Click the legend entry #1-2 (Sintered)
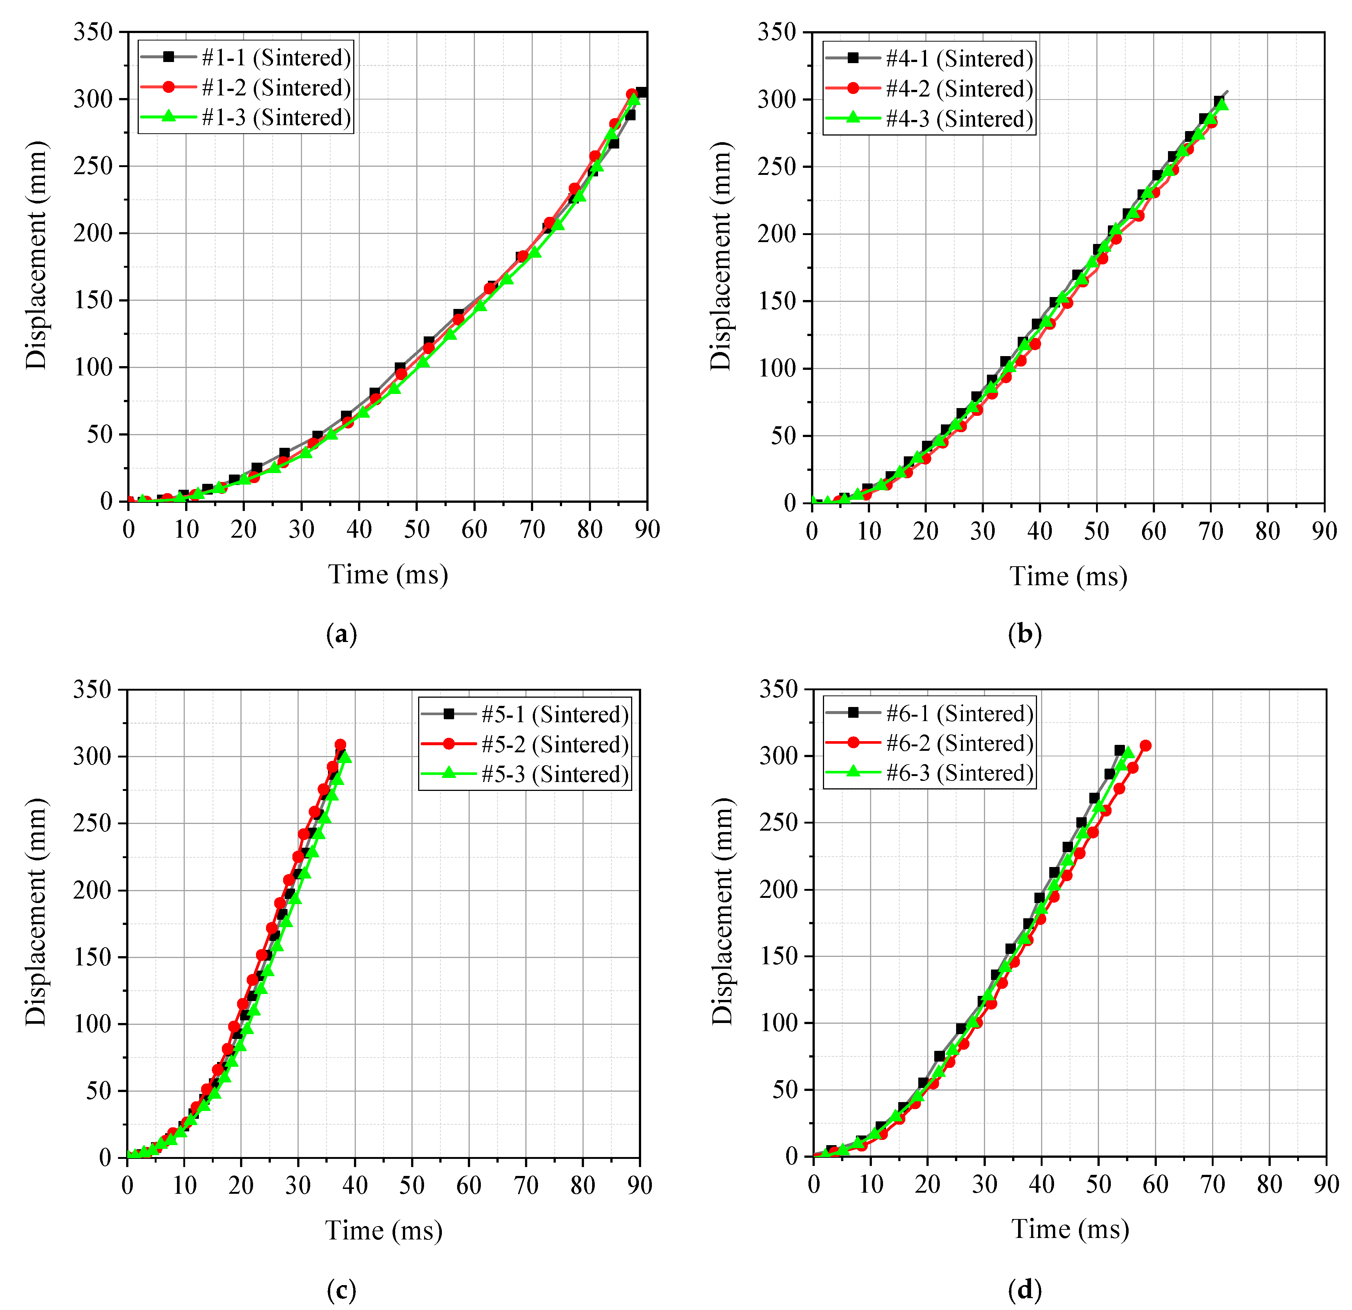(x=276, y=88)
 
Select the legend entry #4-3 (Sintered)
(x=959, y=119)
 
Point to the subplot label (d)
(x=1025, y=1289)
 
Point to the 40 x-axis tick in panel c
(x=355, y=1185)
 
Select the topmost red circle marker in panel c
(x=340, y=745)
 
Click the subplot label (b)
(x=1025, y=633)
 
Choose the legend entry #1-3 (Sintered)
(x=276, y=117)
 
